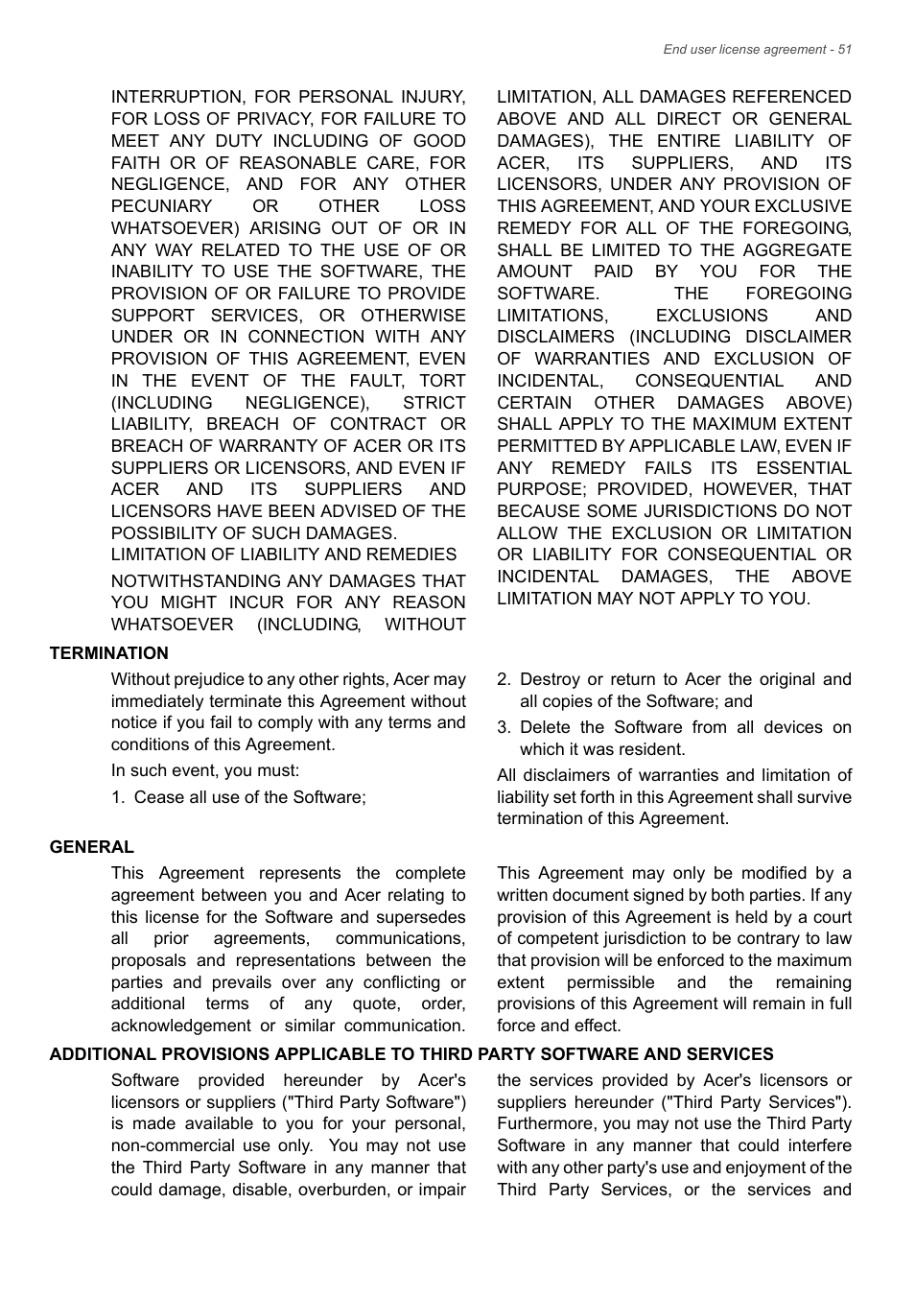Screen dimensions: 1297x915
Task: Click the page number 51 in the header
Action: (844, 50)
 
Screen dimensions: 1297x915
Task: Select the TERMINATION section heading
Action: (108, 653)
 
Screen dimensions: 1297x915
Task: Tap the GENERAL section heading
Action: (92, 847)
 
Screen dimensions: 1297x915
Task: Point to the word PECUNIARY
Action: (161, 206)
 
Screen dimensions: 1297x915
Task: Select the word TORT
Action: (442, 381)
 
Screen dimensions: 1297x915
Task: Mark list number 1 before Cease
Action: (117, 797)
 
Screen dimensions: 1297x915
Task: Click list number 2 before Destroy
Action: (504, 679)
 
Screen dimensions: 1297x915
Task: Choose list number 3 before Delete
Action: (504, 727)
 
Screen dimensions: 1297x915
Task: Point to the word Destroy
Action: (550, 679)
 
